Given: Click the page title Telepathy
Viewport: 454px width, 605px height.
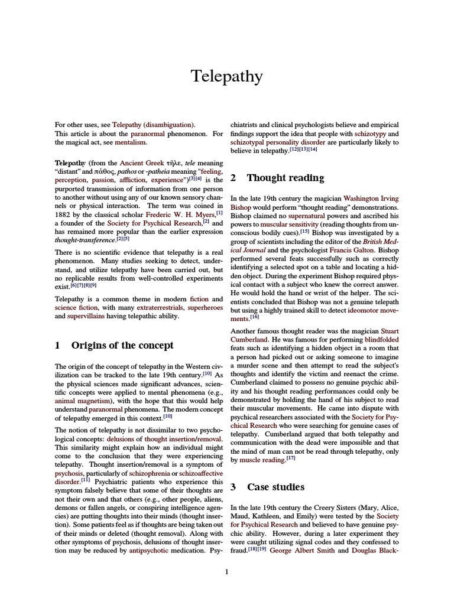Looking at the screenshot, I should [226, 76].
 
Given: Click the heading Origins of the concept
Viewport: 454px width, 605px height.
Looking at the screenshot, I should [122, 346].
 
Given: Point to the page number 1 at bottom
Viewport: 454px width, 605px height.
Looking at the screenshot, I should [227, 571].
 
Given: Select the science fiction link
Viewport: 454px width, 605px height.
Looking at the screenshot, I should [74, 307].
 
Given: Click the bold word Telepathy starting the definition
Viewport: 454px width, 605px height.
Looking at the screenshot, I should [70, 162].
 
